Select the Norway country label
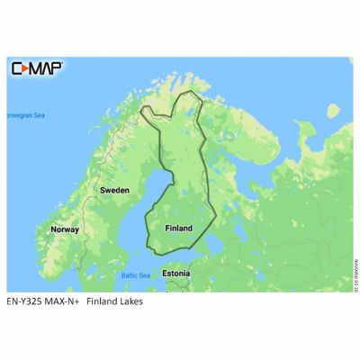pos(65,229)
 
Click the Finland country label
pos(178,229)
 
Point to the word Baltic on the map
pos(128,274)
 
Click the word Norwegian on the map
pos(16,115)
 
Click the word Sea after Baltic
pos(144,274)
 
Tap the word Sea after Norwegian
pos(39,115)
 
